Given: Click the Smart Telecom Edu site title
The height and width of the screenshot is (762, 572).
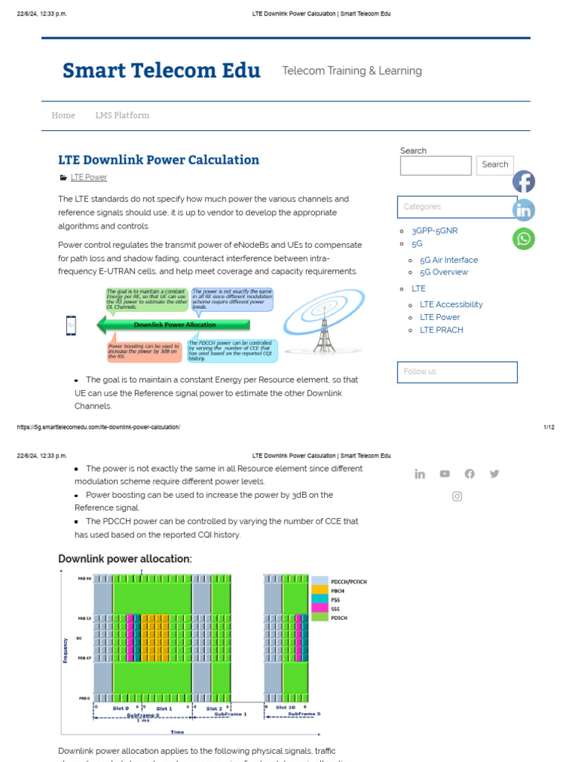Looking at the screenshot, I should (162, 71).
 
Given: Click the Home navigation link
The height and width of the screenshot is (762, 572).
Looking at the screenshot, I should (63, 115).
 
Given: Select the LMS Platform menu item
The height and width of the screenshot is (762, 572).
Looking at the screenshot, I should (122, 115).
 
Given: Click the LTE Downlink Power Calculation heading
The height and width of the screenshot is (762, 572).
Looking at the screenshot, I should (159, 159).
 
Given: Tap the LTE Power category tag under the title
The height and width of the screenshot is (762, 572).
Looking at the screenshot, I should (89, 177).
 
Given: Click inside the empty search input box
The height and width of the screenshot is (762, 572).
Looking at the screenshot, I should (436, 165).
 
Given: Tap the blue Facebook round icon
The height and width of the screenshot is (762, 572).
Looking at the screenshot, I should (524, 182).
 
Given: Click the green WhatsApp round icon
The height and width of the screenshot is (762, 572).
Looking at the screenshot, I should (524, 238).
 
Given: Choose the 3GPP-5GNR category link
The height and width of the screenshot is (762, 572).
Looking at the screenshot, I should (434, 231).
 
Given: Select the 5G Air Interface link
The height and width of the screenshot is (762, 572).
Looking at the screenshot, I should (448, 260).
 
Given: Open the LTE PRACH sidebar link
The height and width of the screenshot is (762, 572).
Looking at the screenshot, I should (441, 330).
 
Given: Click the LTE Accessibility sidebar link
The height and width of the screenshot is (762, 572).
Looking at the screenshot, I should (451, 304).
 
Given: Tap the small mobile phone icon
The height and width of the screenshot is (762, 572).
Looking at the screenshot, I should (71, 325).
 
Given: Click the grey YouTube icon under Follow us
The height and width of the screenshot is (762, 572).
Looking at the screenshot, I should (445, 473).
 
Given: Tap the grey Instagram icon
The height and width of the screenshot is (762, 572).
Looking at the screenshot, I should (457, 496).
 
